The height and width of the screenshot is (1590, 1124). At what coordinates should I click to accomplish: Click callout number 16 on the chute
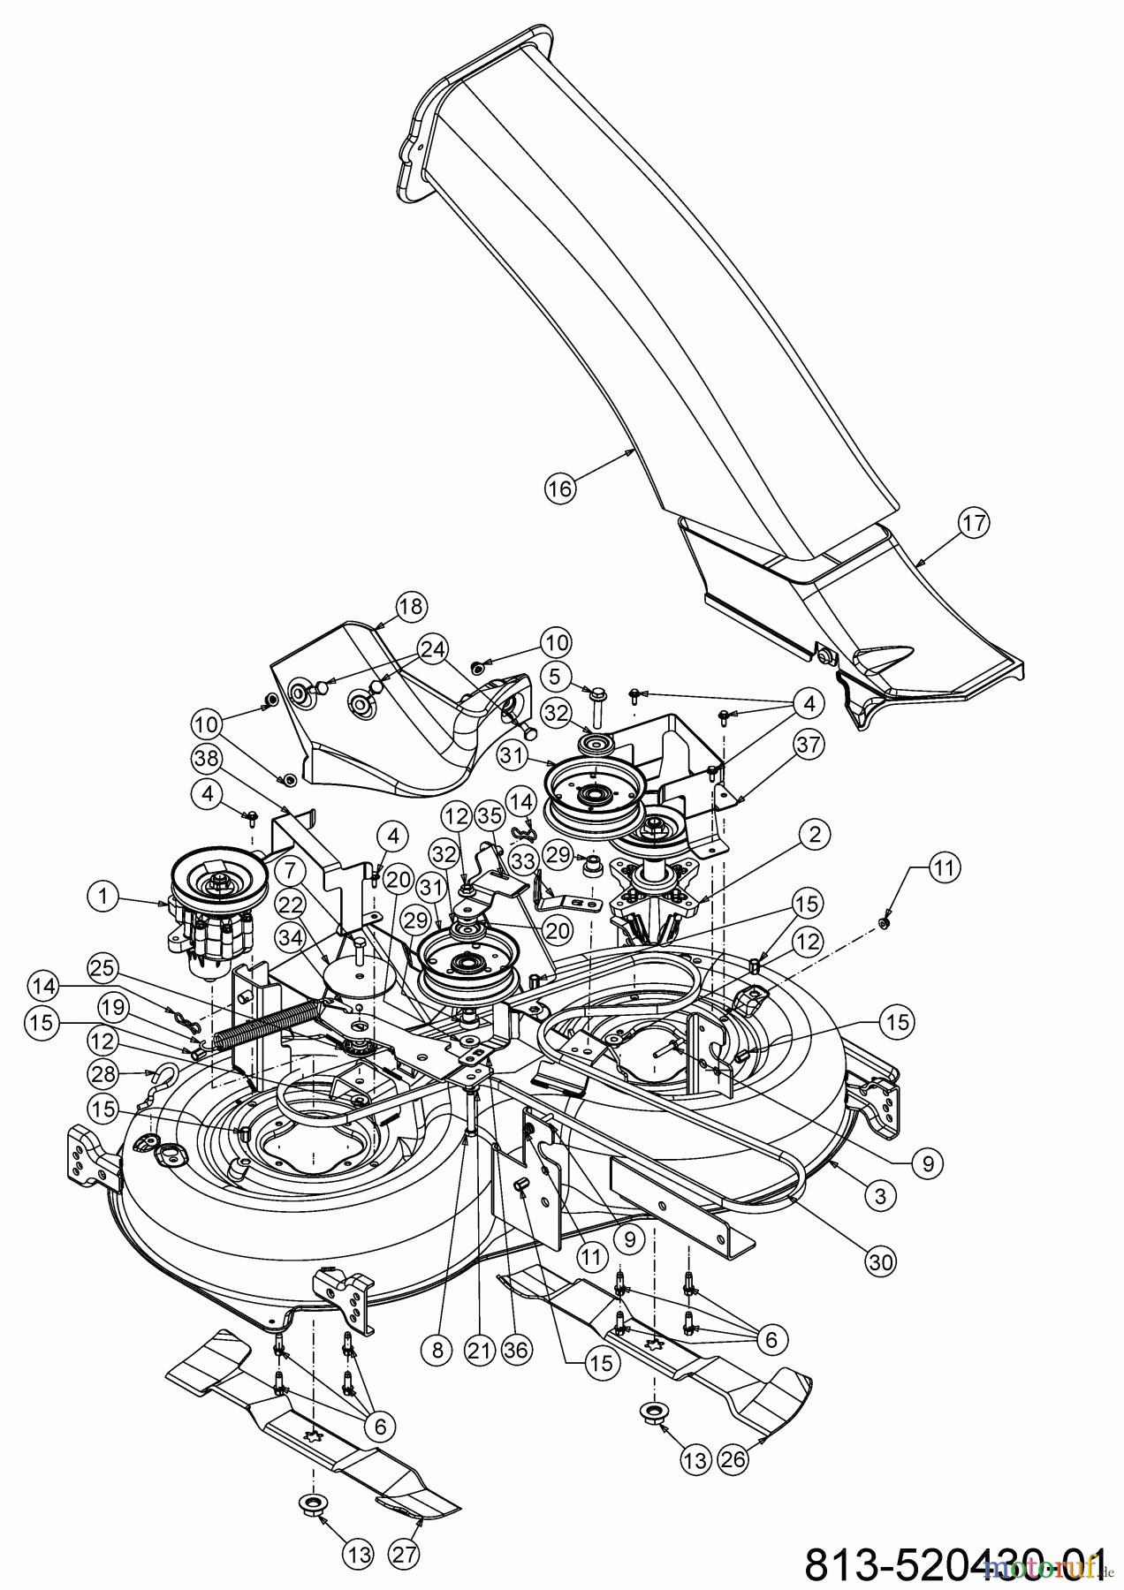click(x=559, y=488)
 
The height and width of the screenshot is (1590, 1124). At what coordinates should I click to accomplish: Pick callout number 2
click(x=814, y=833)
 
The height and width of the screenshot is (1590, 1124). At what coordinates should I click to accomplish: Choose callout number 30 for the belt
click(x=880, y=1263)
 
